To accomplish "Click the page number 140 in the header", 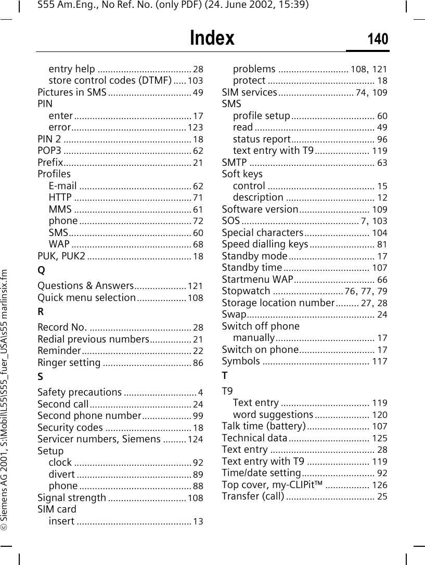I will point(378,39).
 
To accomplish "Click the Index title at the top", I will point(212,38).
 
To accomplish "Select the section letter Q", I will point(41,270).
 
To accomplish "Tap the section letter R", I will point(41,312).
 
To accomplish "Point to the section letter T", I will point(225,375).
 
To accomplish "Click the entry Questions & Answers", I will point(86,286).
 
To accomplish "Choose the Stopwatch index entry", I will point(246,291).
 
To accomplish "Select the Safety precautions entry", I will point(80,392).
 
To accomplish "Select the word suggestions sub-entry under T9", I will point(273,415).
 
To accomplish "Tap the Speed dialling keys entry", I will point(265,244).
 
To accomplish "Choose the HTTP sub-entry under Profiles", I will point(60,198).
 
